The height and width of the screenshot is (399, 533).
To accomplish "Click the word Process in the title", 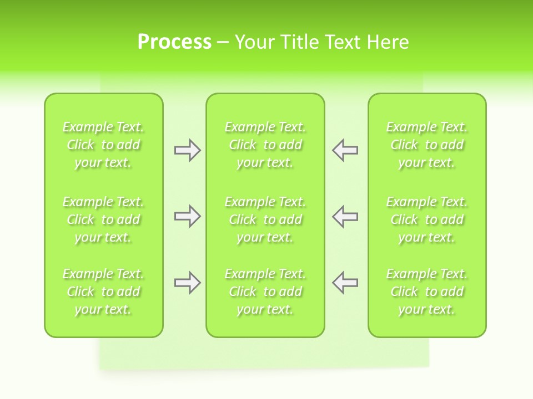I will [x=174, y=42].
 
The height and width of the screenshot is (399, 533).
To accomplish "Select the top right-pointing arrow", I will [x=188, y=150].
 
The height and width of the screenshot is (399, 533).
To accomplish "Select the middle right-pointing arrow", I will [x=188, y=216].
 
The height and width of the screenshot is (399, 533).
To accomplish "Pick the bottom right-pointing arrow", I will [x=188, y=283].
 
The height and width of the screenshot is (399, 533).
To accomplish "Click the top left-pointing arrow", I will [x=345, y=150].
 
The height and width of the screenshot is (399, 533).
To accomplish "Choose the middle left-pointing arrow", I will [x=345, y=216].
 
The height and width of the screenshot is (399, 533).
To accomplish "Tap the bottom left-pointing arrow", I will [x=345, y=283].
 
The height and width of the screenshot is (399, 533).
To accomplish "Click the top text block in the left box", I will [x=103, y=145].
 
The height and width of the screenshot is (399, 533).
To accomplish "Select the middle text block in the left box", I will [x=103, y=219].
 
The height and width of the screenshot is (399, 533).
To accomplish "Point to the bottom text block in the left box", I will [x=103, y=291].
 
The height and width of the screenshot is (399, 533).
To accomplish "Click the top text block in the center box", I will [x=265, y=145].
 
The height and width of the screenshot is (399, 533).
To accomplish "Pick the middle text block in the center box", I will [x=265, y=219].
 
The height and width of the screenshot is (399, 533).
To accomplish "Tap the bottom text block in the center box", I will [x=265, y=291].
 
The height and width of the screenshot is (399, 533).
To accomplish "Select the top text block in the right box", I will [x=427, y=145].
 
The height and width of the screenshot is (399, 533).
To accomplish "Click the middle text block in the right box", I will [x=427, y=219].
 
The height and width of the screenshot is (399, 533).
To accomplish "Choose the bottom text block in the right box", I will [x=427, y=291].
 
